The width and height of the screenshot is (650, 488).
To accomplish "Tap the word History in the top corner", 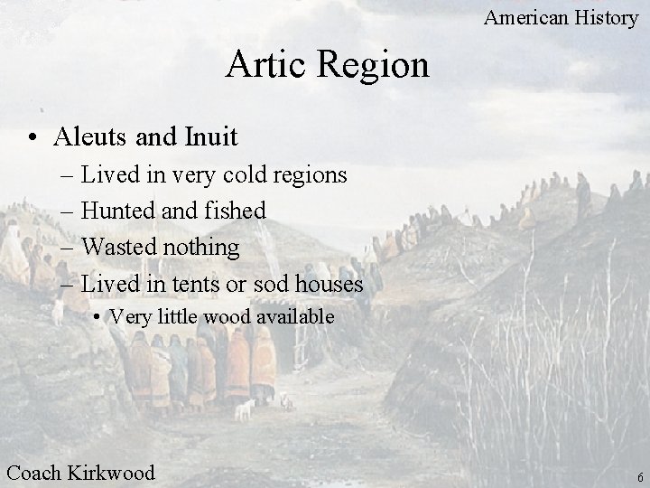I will pyautogui.click(x=608, y=16).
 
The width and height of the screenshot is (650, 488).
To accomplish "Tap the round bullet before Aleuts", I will pyautogui.click(x=32, y=138).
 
